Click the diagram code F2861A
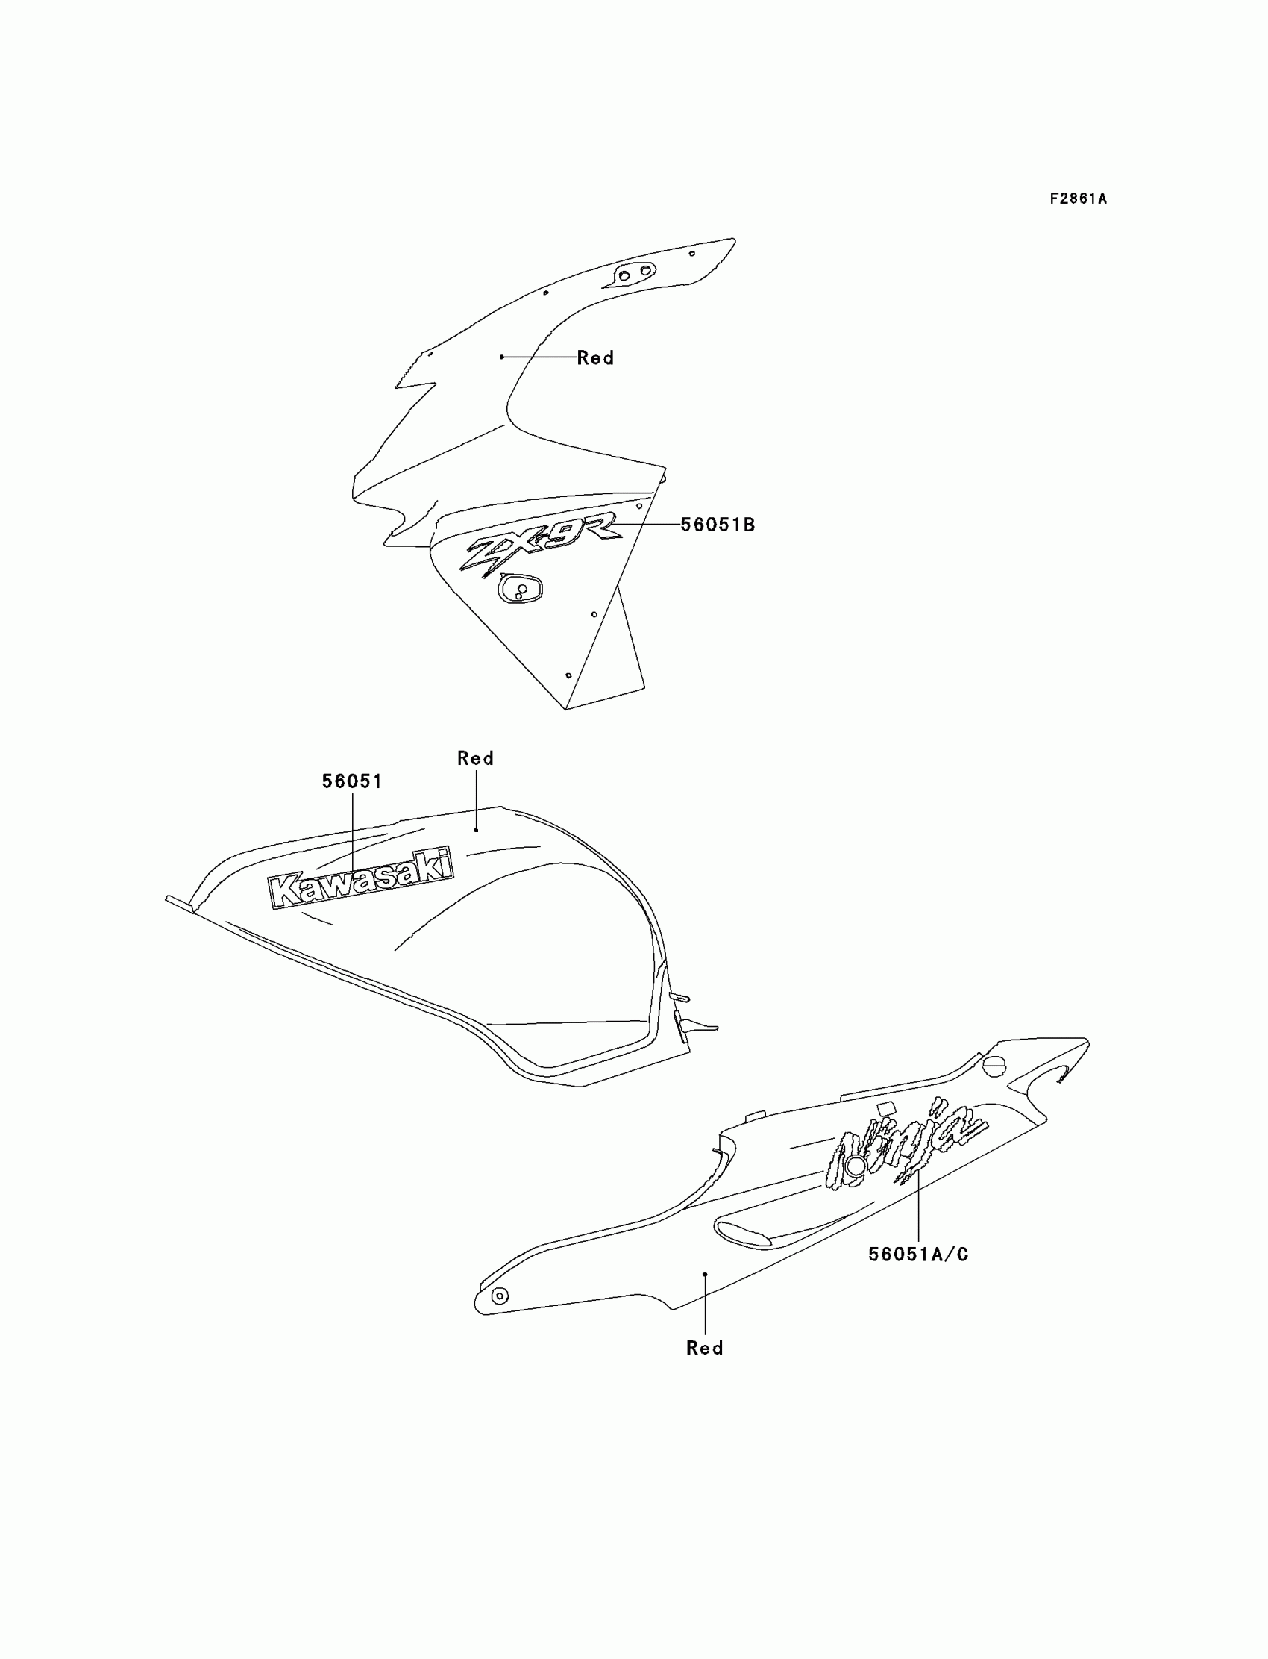tap(1078, 199)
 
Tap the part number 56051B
tap(717, 525)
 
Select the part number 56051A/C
tap(917, 1255)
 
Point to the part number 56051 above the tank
tap(352, 781)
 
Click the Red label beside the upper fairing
tap(594, 358)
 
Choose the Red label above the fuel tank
tap(476, 758)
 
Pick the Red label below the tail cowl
tap(704, 1348)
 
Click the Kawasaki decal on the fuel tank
tap(362, 878)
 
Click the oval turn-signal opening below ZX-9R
tap(519, 589)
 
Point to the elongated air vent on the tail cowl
tap(744, 1232)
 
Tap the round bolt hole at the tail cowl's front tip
tap(499, 1296)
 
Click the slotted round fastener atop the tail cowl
tap(994, 1066)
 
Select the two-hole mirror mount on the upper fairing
tap(634, 273)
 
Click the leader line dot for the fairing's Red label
tap(502, 357)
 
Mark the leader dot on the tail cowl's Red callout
tap(705, 1274)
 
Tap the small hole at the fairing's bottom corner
tap(568, 675)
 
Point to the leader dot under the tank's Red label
tap(477, 830)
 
